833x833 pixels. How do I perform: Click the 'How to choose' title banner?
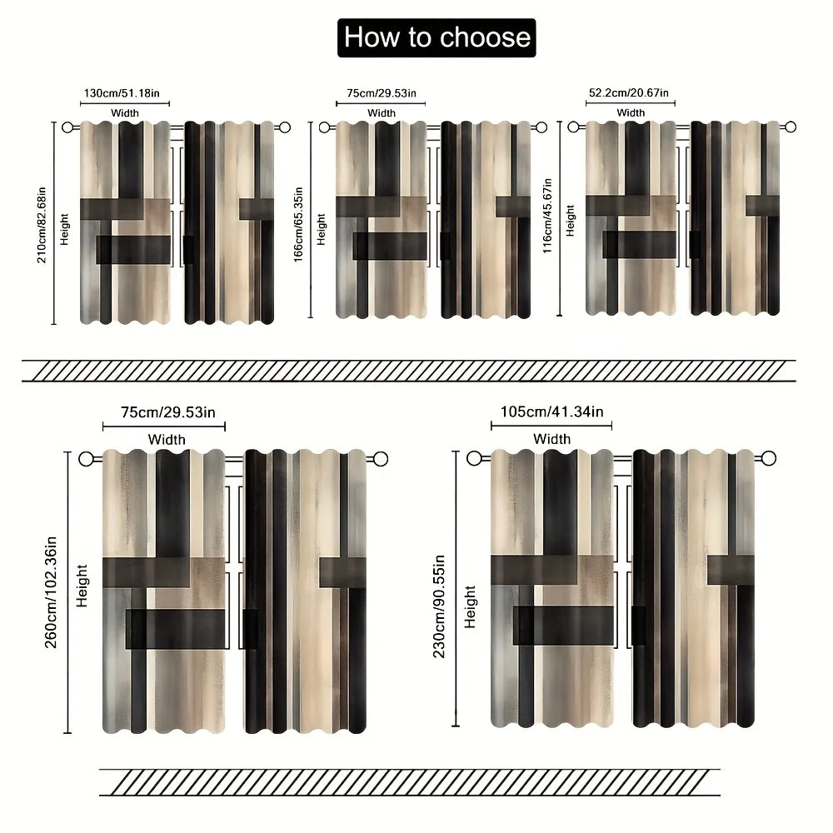pyautogui.click(x=436, y=37)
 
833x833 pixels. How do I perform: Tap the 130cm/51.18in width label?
pyautogui.click(x=122, y=93)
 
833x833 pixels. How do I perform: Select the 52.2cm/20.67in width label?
pyautogui.click(x=628, y=93)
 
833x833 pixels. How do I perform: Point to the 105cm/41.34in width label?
pyautogui.click(x=552, y=412)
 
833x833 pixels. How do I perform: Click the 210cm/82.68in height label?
pyautogui.click(x=42, y=225)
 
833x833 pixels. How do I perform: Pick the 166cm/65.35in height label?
pyautogui.click(x=298, y=224)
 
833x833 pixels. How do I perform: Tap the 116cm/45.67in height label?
pyautogui.click(x=547, y=216)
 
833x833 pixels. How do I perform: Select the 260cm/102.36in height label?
pyautogui.click(x=51, y=592)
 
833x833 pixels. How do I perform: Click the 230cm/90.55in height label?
pyautogui.click(x=439, y=606)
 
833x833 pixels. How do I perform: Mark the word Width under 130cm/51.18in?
pyautogui.click(x=125, y=113)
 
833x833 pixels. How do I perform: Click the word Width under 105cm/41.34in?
pyautogui.click(x=552, y=439)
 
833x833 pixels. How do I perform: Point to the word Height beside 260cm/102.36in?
pyautogui.click(x=82, y=586)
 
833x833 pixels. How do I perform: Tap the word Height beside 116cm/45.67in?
pyautogui.click(x=570, y=221)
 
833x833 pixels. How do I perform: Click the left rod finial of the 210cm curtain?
pyautogui.click(x=67, y=127)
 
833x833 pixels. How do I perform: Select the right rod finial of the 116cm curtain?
pyautogui.click(x=791, y=127)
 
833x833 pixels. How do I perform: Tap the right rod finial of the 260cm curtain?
pyautogui.click(x=381, y=459)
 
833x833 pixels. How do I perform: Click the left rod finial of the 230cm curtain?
pyautogui.click(x=474, y=458)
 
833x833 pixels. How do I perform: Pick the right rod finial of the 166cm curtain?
pyautogui.click(x=541, y=127)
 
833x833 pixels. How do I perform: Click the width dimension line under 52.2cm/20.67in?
pyautogui.click(x=630, y=103)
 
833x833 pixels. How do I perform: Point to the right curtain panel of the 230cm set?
pyautogui.click(x=693, y=588)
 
